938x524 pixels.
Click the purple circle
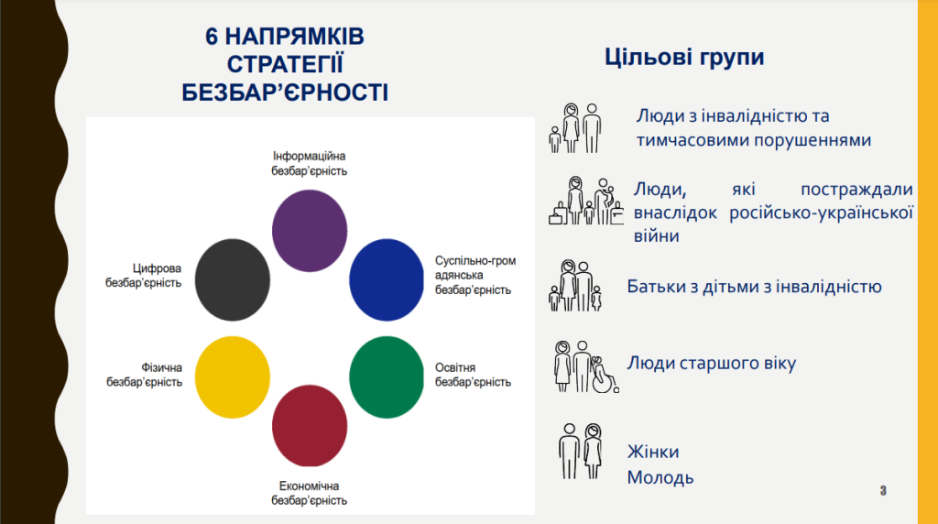(x=310, y=231)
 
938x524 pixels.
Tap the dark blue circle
(x=387, y=280)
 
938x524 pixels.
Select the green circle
(x=387, y=377)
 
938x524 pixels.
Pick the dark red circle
(x=310, y=426)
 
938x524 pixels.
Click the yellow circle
(x=233, y=377)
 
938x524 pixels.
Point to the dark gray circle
(x=233, y=280)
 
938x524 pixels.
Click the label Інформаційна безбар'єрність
(x=310, y=163)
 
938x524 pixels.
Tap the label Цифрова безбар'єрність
(x=144, y=275)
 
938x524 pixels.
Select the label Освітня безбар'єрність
(x=473, y=375)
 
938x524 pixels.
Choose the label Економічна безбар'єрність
(x=310, y=493)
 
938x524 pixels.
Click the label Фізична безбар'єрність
(x=144, y=375)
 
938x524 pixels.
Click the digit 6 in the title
(x=212, y=37)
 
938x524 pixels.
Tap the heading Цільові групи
(x=684, y=57)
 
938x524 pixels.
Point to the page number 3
(x=883, y=490)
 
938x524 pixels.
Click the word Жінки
(x=653, y=452)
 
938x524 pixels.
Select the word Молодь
(x=660, y=477)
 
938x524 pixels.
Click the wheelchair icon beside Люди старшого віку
(x=604, y=375)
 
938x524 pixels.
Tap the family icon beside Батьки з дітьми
(x=575, y=286)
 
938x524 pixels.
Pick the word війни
(x=656, y=235)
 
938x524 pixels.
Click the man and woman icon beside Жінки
(x=580, y=451)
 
